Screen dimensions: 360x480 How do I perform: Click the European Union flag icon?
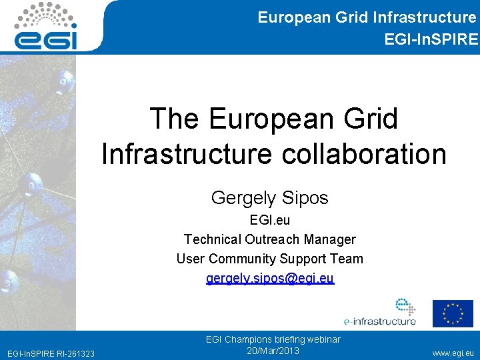(x=453, y=313)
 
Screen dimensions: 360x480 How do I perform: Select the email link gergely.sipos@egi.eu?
(x=270, y=278)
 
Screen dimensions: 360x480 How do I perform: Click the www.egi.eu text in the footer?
(x=454, y=352)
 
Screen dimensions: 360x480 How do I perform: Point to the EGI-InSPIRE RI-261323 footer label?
(x=50, y=353)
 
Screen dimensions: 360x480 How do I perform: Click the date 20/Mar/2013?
(x=273, y=351)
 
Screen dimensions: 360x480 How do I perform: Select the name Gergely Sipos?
(x=270, y=198)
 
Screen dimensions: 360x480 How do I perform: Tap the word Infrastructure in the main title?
(x=186, y=154)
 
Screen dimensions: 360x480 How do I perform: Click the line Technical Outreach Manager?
(x=270, y=239)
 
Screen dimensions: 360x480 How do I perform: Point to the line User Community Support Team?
(x=270, y=259)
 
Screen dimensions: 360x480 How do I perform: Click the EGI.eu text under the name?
(x=270, y=219)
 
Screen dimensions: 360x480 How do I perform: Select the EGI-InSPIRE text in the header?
(x=431, y=39)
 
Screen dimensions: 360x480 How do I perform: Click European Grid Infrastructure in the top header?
(x=367, y=17)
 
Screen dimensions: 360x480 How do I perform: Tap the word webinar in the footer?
(x=322, y=339)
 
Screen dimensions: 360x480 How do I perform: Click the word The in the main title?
(x=175, y=119)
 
